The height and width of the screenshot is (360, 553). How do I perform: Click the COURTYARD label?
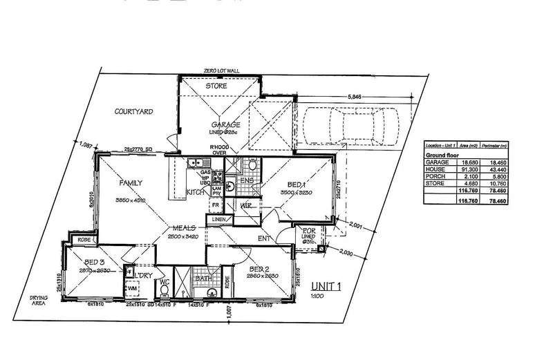pos(133,111)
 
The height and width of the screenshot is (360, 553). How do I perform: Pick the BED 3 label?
pos(94,263)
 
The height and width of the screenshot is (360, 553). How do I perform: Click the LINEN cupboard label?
pos(219,219)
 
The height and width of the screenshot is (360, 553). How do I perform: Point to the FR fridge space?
pos(216,205)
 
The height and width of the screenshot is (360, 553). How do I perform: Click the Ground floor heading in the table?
pos(442,155)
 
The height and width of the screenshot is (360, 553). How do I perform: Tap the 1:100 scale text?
pos(317,295)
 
